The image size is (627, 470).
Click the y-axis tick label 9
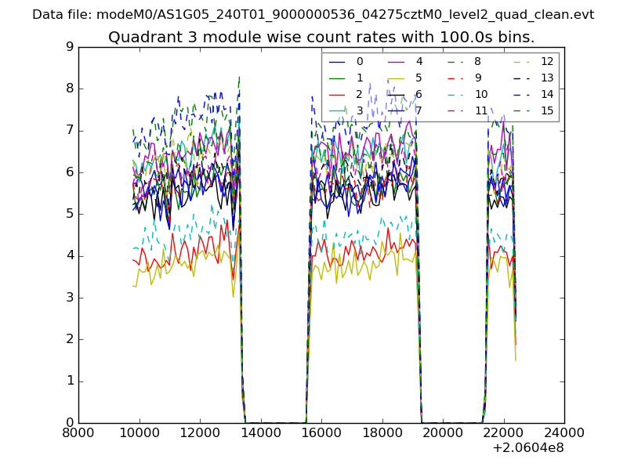click(70, 47)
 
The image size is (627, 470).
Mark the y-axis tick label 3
click(70, 298)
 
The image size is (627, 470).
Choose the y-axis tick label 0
click(70, 423)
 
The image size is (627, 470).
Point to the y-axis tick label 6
click(70, 172)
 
